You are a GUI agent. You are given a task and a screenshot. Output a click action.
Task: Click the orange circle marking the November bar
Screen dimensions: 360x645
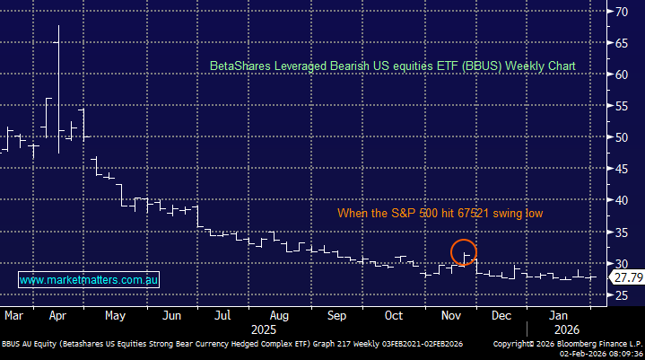tap(464, 252)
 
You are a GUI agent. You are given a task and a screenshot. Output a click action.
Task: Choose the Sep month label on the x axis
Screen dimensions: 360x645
tap(336, 316)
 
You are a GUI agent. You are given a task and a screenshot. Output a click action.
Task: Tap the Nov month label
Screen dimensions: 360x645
tap(452, 316)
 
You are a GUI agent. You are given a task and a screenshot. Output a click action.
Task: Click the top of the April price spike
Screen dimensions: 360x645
tap(59, 26)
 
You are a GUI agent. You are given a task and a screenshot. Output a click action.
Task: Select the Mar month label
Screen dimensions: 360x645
tap(13, 316)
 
